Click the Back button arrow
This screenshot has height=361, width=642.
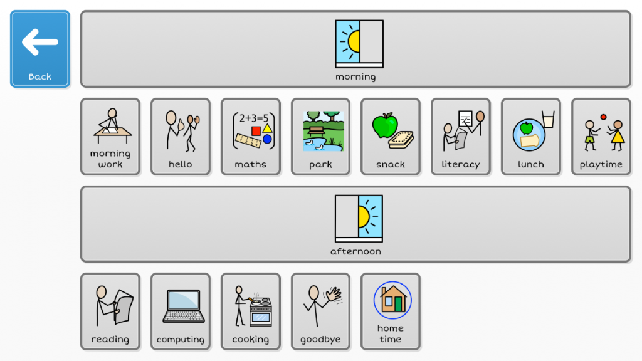(40, 42)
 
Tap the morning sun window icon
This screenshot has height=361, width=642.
(359, 44)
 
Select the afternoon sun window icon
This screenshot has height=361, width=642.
(359, 219)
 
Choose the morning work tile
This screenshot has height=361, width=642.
(110, 137)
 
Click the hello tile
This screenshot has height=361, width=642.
(180, 137)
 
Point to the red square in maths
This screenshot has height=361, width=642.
(256, 131)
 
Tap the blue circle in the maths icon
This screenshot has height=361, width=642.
(267, 139)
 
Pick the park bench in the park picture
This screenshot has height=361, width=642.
(317, 131)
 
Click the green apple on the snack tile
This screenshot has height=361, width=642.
(385, 125)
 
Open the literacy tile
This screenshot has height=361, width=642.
(460, 137)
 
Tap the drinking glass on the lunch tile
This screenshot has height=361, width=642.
(548, 119)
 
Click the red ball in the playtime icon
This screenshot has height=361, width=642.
(603, 117)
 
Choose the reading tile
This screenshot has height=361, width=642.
(110, 311)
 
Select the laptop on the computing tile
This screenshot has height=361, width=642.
(184, 306)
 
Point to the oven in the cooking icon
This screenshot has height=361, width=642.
(261, 312)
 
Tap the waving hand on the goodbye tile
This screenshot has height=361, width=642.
(334, 295)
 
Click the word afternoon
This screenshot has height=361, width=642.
(355, 251)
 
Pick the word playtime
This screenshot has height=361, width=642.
(601, 165)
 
